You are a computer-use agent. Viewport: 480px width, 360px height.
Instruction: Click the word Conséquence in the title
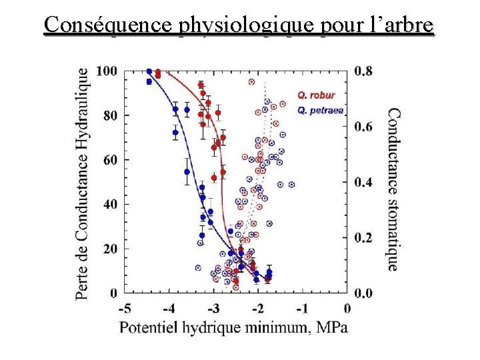[107, 25]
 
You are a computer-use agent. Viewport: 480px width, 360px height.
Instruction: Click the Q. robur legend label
[316, 95]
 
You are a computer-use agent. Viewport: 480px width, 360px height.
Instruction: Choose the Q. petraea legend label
[320, 111]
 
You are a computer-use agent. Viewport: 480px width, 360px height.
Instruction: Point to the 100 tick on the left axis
[107, 71]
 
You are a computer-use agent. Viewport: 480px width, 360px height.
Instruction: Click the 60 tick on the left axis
[110, 160]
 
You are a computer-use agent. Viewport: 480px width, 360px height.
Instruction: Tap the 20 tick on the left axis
[110, 249]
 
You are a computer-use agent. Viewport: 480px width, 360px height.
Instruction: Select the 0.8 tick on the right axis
[363, 71]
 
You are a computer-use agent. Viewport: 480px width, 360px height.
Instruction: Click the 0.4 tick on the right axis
[363, 182]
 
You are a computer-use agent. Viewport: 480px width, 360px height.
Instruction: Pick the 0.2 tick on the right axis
[363, 237]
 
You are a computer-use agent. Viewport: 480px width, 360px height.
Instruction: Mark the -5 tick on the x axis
[125, 309]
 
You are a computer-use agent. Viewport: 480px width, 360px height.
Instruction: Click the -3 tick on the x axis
[213, 309]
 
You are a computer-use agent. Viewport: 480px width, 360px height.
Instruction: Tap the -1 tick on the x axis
[303, 309]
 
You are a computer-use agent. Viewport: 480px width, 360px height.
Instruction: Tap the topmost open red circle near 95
[251, 82]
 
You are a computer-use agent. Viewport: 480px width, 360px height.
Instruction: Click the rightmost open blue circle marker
[291, 185]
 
